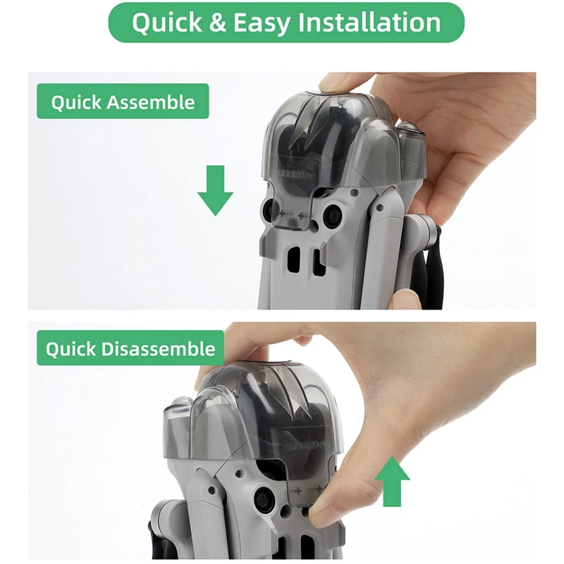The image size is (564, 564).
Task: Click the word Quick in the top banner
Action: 167,23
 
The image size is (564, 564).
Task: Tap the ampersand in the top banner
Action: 218,23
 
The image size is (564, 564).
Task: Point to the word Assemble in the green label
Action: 151,102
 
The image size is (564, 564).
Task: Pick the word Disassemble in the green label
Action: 158,349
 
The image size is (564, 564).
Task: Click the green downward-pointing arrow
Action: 216,190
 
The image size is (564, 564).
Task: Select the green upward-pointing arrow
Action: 392,482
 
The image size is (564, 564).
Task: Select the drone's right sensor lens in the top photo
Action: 331,214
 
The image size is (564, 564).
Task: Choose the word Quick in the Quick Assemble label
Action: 76,102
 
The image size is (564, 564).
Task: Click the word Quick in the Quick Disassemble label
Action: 71,349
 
